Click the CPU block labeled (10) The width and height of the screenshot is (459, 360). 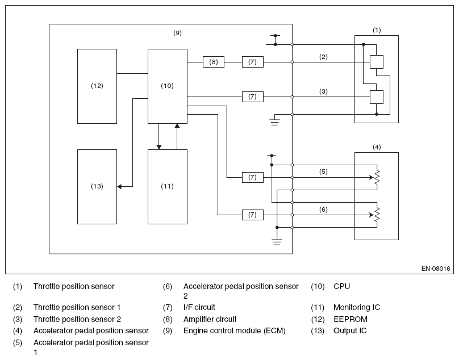[168, 86]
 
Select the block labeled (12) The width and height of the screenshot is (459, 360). [97, 86]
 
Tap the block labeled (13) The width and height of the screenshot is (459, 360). [97, 187]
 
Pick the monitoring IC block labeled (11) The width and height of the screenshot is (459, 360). [168, 187]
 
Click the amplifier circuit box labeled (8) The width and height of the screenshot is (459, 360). [214, 62]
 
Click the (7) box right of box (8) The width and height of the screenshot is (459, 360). [253, 62]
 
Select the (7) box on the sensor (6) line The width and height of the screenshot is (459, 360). [253, 215]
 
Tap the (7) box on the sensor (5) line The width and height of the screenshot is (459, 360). [253, 177]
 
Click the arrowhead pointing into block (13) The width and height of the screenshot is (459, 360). [119, 186]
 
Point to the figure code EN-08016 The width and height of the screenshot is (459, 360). [436, 269]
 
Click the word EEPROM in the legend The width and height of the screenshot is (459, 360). [350, 319]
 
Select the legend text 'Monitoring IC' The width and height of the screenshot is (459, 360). [357, 307]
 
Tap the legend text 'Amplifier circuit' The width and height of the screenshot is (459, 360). [210, 319]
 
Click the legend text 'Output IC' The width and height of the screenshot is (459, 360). [350, 330]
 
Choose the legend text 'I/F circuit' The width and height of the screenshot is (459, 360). [199, 307]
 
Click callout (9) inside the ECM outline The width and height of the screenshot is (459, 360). [177, 33]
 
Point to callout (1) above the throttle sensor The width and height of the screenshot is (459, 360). [377, 30]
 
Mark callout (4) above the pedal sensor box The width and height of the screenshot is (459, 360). [377, 147]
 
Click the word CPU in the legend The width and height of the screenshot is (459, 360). [341, 286]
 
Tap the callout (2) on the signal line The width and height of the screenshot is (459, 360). [323, 57]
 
